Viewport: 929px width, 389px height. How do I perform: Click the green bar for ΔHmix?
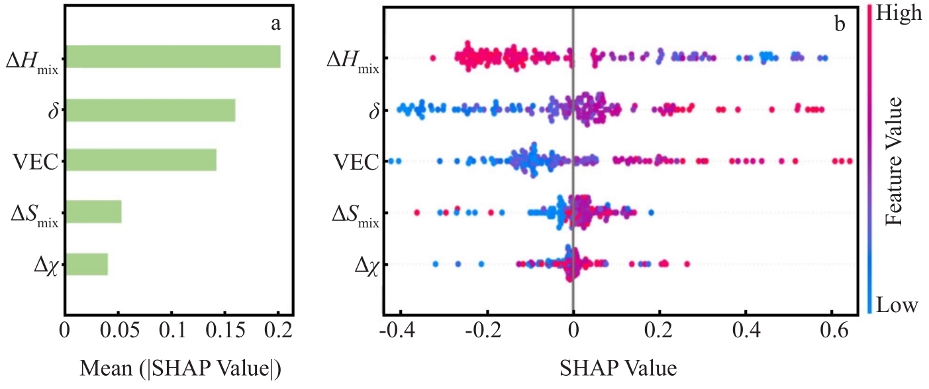[173, 56]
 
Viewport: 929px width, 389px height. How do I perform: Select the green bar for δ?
[150, 109]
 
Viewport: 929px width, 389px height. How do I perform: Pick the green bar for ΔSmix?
[93, 211]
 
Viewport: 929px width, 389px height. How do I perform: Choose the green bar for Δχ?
[87, 263]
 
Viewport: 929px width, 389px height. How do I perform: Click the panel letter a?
[276, 25]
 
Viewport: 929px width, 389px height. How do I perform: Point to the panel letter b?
[840, 25]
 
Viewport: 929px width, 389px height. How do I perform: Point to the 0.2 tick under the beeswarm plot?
[660, 331]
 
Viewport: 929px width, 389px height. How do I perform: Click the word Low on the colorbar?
[897, 306]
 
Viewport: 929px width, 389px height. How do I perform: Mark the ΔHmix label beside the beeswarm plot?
[353, 60]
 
